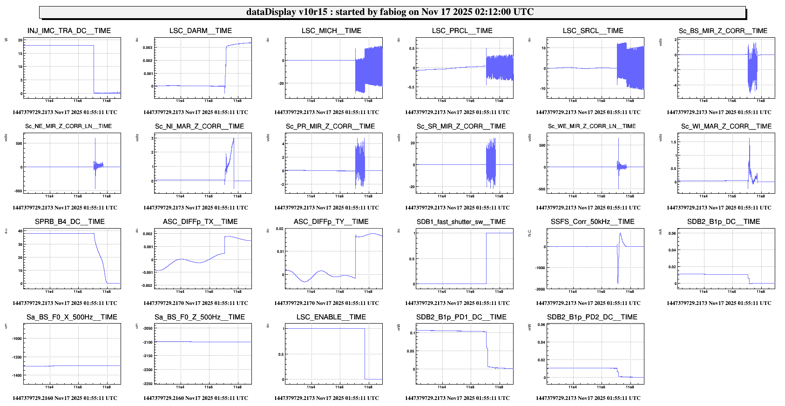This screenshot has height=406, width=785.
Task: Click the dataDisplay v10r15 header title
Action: (x=390, y=12)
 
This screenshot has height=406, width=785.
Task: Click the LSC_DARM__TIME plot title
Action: (x=200, y=31)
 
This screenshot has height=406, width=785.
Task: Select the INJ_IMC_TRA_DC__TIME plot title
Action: (x=69, y=31)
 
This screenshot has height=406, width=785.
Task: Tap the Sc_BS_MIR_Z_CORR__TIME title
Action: (x=723, y=31)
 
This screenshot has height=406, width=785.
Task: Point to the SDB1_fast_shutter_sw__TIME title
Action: (x=461, y=222)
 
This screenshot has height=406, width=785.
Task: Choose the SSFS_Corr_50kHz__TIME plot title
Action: (x=592, y=222)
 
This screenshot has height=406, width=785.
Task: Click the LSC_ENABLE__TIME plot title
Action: (x=331, y=317)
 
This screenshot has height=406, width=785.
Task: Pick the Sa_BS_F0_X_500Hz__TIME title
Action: (x=72, y=317)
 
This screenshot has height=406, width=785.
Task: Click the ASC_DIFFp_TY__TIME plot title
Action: (x=331, y=222)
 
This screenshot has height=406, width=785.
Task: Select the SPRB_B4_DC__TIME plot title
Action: (x=70, y=222)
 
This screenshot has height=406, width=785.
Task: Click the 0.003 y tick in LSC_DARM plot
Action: (x=148, y=47)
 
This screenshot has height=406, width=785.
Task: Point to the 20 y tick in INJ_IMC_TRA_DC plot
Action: (x=20, y=40)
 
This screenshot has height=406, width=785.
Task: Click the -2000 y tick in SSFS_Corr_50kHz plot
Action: (x=540, y=289)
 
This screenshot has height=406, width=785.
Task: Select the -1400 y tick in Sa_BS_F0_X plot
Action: (x=16, y=375)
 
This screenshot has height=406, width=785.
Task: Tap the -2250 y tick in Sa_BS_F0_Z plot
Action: (x=148, y=384)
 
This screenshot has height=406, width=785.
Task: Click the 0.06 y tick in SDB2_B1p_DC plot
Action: (x=672, y=234)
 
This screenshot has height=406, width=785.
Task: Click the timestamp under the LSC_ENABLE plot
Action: (x=326, y=398)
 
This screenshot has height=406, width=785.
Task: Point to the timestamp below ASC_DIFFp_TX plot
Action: (x=196, y=303)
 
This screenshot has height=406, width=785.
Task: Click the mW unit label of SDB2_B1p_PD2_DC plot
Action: (x=529, y=327)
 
